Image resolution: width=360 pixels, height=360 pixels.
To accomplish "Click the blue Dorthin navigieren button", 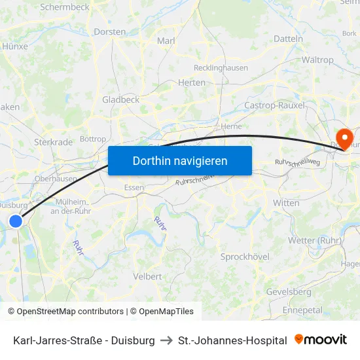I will (x=180, y=161).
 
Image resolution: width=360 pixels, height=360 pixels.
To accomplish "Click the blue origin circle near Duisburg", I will (x=16, y=221).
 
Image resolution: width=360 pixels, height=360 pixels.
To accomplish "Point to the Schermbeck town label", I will (x=64, y=7).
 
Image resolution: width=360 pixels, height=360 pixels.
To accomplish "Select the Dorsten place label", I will (x=109, y=31).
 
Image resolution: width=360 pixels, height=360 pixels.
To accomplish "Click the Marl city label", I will (x=166, y=41).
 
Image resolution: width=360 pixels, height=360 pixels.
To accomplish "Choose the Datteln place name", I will (x=288, y=39).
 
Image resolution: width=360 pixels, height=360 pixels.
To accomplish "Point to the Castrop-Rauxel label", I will (x=274, y=105).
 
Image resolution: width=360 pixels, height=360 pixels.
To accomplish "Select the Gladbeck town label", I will (x=120, y=99).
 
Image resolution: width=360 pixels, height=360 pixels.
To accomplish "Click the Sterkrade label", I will (x=53, y=142).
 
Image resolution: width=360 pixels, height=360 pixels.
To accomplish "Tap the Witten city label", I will (x=286, y=203).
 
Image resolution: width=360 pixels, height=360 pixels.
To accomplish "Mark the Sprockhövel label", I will (x=245, y=257).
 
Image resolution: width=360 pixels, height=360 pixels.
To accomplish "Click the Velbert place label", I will (x=147, y=276).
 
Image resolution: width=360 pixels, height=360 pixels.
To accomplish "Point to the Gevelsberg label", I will (x=289, y=291).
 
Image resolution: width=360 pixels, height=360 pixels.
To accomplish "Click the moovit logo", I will (x=321, y=340).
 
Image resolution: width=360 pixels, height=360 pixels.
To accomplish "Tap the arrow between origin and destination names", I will (x=166, y=340).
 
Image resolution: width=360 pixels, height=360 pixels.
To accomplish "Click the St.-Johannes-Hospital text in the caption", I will (x=232, y=340).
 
